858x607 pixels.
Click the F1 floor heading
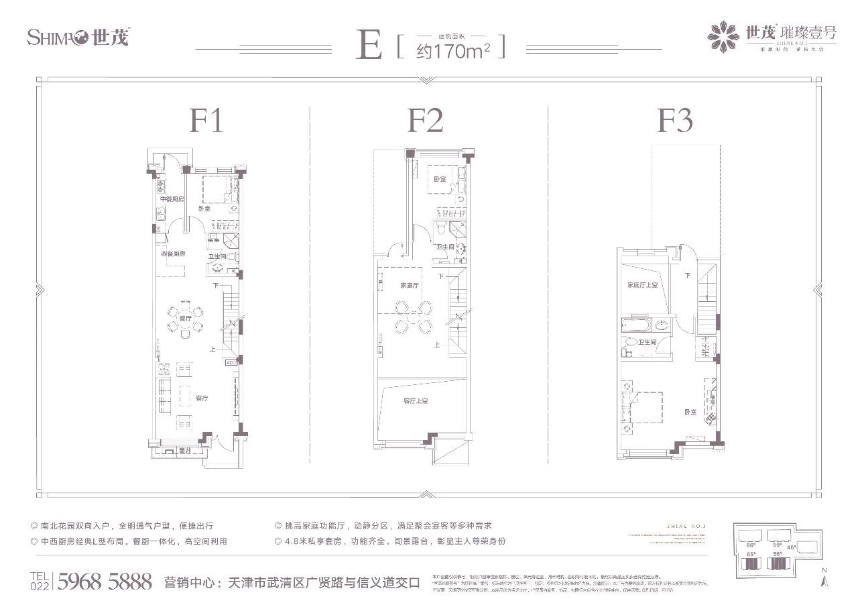[x=206, y=121]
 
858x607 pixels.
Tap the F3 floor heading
[x=674, y=121]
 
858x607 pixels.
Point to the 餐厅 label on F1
[x=185, y=318]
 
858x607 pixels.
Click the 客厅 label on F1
[x=202, y=398]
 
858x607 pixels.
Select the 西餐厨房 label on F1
[x=172, y=254]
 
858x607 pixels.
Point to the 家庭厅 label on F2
[x=410, y=285]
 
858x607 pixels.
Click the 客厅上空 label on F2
[x=416, y=401]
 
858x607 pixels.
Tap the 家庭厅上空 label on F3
[x=643, y=285]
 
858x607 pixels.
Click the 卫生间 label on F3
[x=647, y=343]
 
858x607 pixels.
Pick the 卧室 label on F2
[x=440, y=179]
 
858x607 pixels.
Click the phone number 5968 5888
[x=105, y=581]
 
